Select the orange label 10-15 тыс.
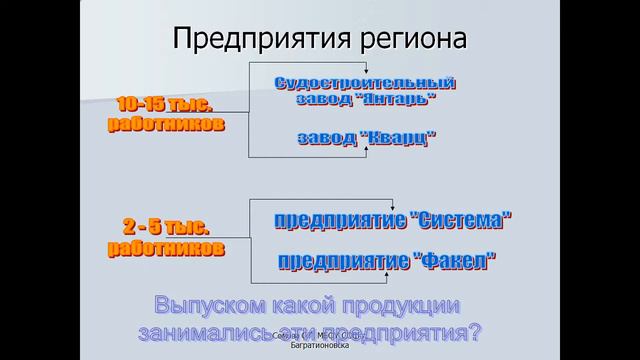click(x=166, y=105)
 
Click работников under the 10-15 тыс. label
click(x=166, y=124)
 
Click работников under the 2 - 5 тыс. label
click(x=165, y=248)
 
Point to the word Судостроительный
click(x=364, y=82)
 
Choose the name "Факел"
click(x=456, y=262)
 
